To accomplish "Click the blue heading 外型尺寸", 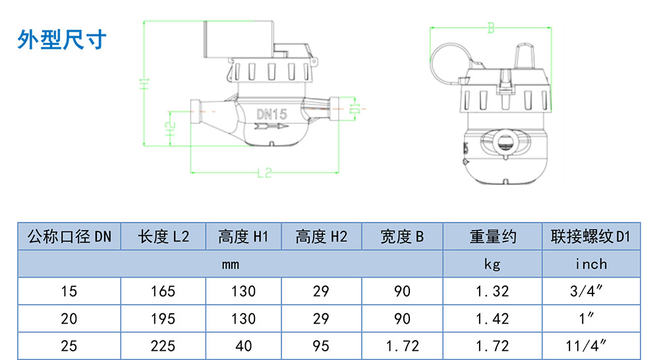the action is pyautogui.click(x=61, y=40).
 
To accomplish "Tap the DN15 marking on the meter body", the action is pyautogui.click(x=272, y=114).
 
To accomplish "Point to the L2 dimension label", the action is pyautogui.click(x=264, y=173).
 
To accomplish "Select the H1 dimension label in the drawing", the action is pyautogui.click(x=144, y=84).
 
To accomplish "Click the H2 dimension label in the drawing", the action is pyautogui.click(x=169, y=129).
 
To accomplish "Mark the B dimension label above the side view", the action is pyautogui.click(x=490, y=28).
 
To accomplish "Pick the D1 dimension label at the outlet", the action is pyautogui.click(x=355, y=109).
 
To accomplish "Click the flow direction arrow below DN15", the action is pyautogui.click(x=271, y=126).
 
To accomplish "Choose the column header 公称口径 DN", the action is pyautogui.click(x=69, y=237).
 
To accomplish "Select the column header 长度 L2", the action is pyautogui.click(x=163, y=237).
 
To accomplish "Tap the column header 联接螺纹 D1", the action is pyautogui.click(x=591, y=237).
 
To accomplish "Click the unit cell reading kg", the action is pyautogui.click(x=492, y=264).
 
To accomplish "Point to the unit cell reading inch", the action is pyautogui.click(x=591, y=264).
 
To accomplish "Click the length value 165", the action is pyautogui.click(x=163, y=291).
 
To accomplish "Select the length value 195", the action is pyautogui.click(x=163, y=318).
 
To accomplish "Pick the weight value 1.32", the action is pyautogui.click(x=492, y=291).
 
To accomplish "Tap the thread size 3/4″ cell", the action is pyautogui.click(x=587, y=291).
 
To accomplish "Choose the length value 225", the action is pyautogui.click(x=163, y=346).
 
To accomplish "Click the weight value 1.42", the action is pyautogui.click(x=492, y=318).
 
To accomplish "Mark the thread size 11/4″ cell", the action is pyautogui.click(x=587, y=346).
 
